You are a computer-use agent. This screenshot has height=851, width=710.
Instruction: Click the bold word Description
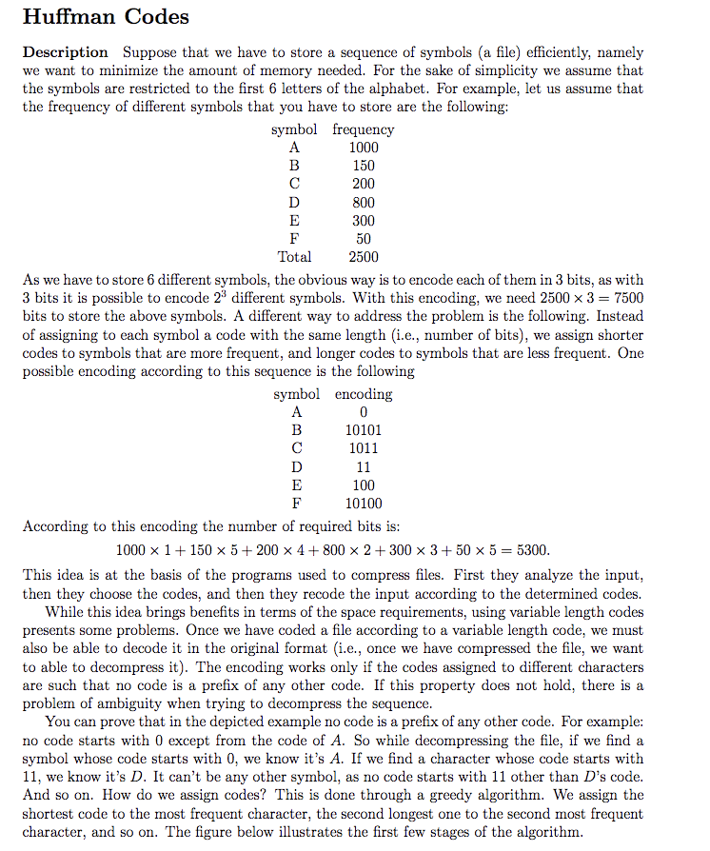65,52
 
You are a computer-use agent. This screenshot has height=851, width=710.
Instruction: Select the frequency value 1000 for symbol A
363,148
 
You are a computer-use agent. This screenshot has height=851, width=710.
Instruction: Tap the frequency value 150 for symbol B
363,166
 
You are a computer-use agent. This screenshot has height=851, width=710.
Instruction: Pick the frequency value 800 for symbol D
363,202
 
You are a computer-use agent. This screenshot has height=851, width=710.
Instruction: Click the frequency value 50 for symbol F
363,239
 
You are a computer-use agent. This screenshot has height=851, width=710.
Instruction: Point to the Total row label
294,257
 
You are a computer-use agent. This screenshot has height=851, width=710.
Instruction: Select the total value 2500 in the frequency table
363,257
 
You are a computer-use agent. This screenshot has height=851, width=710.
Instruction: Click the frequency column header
363,129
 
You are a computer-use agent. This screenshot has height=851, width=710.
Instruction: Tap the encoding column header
364,394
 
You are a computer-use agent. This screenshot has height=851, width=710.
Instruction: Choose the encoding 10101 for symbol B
364,430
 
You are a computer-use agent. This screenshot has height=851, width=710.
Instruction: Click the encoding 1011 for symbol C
364,448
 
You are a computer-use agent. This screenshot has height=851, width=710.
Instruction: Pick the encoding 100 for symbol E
364,485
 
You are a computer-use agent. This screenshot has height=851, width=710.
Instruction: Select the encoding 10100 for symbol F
364,504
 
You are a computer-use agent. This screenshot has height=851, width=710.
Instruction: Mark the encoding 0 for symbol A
364,412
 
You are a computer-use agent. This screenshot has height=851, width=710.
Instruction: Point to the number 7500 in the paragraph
624,298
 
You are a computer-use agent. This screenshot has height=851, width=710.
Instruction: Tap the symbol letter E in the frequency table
294,221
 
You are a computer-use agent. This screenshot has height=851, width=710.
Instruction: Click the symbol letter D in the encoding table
295,467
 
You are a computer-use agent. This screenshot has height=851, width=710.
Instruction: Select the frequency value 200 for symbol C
363,184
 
